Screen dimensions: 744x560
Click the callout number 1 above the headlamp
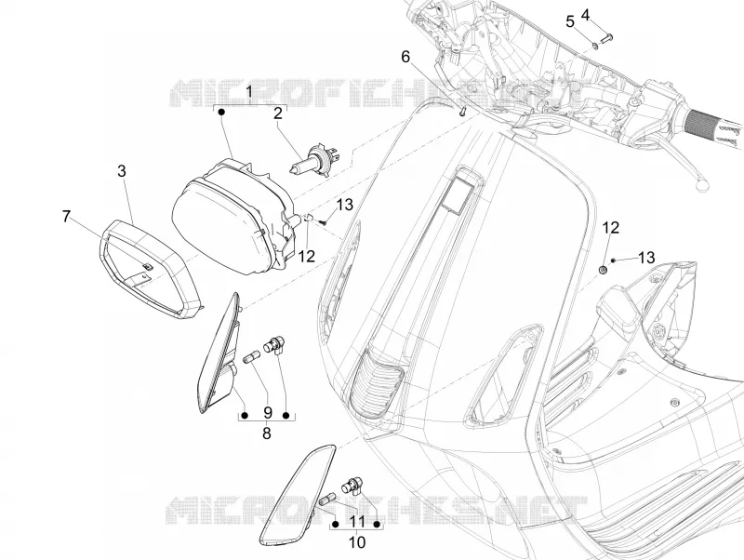click(x=249, y=91)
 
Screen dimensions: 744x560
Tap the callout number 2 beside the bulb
click(x=278, y=113)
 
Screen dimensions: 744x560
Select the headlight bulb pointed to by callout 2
click(x=312, y=157)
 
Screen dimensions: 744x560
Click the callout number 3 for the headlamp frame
click(x=122, y=171)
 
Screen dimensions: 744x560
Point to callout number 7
click(x=66, y=217)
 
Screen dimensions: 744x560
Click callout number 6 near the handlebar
click(x=405, y=57)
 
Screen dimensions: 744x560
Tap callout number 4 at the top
click(x=585, y=15)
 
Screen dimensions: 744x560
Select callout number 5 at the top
click(x=570, y=21)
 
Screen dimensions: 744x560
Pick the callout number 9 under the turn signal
click(x=267, y=412)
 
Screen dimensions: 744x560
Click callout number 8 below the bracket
click(x=267, y=433)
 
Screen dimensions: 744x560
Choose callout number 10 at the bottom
click(x=357, y=542)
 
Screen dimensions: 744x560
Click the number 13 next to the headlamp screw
click(x=345, y=205)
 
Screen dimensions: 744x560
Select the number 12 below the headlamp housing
click(x=307, y=256)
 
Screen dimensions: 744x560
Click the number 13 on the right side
click(x=646, y=258)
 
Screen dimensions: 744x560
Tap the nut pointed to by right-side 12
click(x=603, y=270)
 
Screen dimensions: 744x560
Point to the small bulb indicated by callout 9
click(x=252, y=356)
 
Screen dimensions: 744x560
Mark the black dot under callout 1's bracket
click(x=221, y=112)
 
